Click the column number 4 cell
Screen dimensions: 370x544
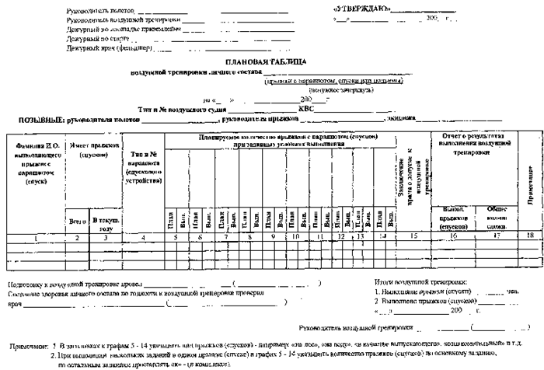click(x=142, y=234)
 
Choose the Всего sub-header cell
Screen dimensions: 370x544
click(x=77, y=221)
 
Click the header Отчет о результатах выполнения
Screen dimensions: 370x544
click(x=473, y=145)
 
